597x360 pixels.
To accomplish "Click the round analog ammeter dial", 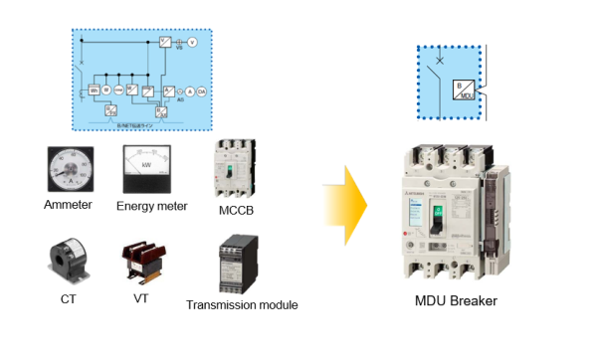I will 70,169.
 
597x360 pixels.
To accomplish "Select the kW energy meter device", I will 147,169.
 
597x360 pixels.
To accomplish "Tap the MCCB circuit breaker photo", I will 232,170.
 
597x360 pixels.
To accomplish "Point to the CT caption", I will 69,296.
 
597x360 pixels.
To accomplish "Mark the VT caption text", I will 140,296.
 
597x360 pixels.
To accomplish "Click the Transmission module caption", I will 242,304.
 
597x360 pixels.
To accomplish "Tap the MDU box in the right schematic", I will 464,90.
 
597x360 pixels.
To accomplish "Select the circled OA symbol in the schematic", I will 202,90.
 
